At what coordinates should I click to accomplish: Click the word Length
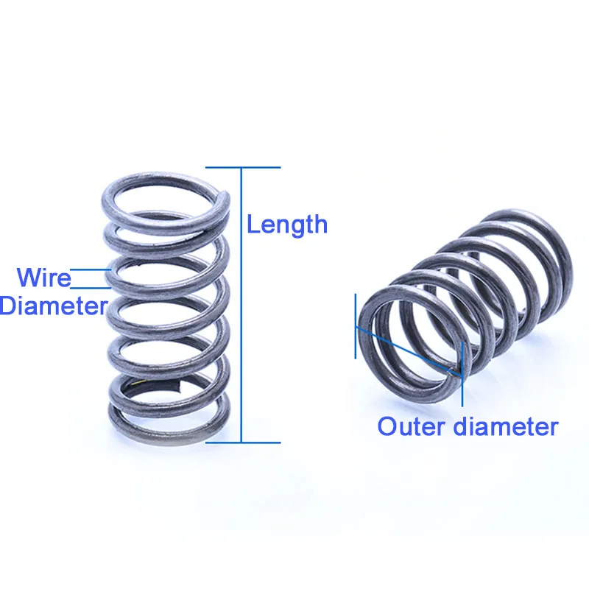click(287, 224)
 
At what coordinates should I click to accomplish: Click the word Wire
click(44, 278)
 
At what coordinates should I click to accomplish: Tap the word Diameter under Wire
click(53, 305)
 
